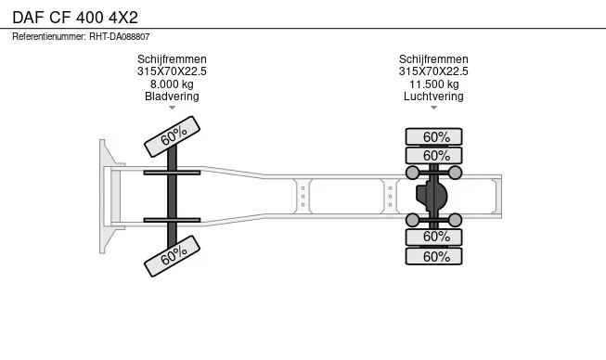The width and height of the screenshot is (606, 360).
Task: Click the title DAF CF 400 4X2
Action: tap(75, 18)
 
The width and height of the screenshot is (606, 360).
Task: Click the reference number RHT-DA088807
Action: tap(120, 37)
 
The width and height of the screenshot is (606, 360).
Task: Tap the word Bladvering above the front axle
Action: tap(172, 96)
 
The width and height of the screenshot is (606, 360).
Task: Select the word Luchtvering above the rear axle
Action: tap(433, 96)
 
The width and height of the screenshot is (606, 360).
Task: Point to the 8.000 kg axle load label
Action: tap(172, 84)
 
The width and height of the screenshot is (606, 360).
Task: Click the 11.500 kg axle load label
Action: tap(434, 84)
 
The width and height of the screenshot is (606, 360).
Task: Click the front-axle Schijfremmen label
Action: tap(172, 59)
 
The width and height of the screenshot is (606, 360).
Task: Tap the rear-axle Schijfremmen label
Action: tap(433, 59)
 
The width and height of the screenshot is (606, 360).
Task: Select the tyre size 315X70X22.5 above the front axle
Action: tap(172, 71)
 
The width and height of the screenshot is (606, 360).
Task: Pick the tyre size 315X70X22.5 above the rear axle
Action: tap(433, 71)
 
